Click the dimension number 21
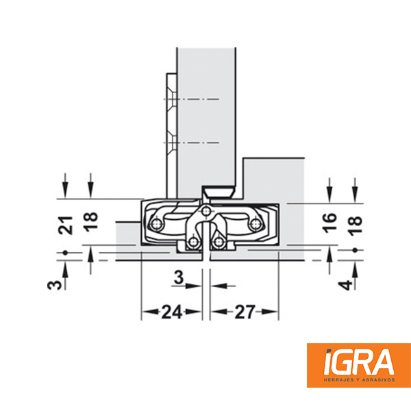[x=65, y=225]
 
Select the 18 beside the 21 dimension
[x=90, y=221]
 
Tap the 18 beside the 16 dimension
[x=356, y=225]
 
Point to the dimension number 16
[x=329, y=223]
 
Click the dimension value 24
[x=172, y=312]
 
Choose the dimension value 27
[x=245, y=312]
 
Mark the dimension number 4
[x=345, y=285]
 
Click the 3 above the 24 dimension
[x=179, y=277]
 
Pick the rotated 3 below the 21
[x=55, y=285]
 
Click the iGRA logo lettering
[x=359, y=362]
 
